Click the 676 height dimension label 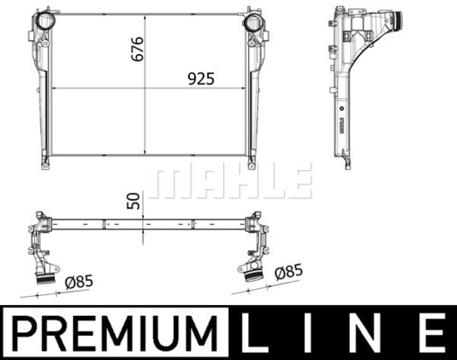138,49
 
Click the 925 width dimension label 202,79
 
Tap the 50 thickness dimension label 134,201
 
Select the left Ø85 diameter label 79,282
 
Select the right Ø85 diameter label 289,272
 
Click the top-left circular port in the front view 46,21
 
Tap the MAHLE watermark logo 230,181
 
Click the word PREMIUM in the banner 115,333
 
